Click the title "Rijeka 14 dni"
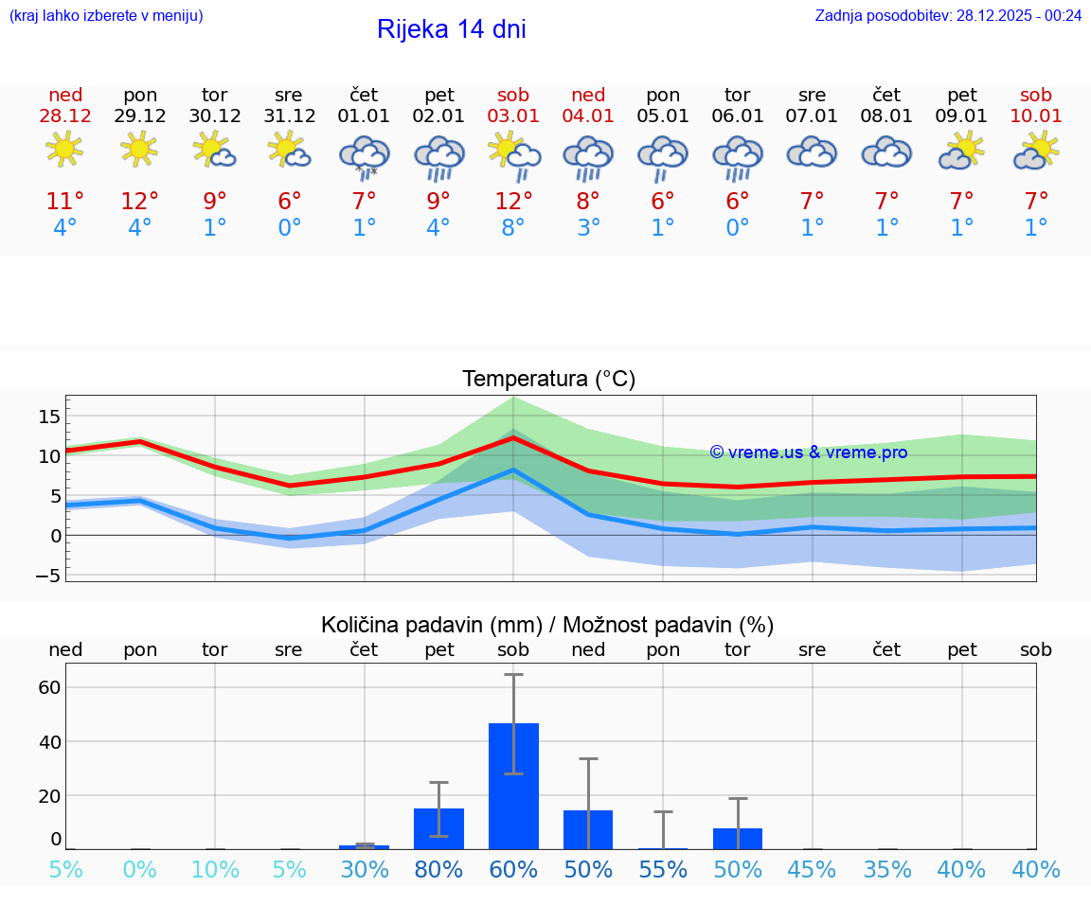click(451, 29)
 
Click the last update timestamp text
click(948, 15)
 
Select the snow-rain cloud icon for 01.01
click(365, 154)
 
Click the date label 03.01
click(513, 116)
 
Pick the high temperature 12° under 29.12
click(139, 202)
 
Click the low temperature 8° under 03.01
click(513, 228)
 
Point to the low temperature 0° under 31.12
click(289, 228)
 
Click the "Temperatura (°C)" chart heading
click(548, 380)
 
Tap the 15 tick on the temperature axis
click(49, 417)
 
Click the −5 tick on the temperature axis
click(48, 576)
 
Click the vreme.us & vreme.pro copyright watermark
click(808, 453)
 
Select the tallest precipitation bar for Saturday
click(513, 786)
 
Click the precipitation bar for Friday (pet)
click(438, 828)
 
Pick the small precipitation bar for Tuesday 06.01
click(738, 839)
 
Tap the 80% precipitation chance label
click(438, 869)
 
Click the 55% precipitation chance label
click(663, 869)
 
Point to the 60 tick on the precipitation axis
click(49, 687)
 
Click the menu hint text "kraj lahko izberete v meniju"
click(106, 15)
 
